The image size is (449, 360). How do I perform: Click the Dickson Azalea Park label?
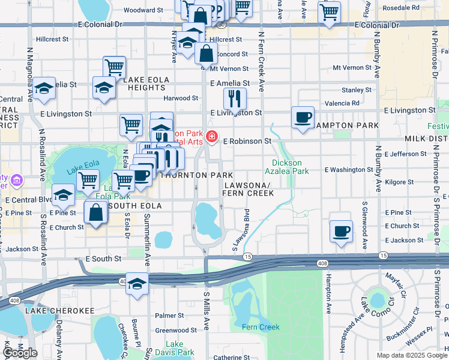tap(291, 167)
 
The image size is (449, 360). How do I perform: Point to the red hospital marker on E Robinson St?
tap(211, 138)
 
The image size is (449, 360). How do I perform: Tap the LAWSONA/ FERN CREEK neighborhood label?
tap(248, 189)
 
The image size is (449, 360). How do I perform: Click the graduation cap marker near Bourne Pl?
tap(137, 284)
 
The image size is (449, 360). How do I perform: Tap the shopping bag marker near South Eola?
tap(96, 212)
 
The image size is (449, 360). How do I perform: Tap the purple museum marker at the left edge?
tap(17, 179)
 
